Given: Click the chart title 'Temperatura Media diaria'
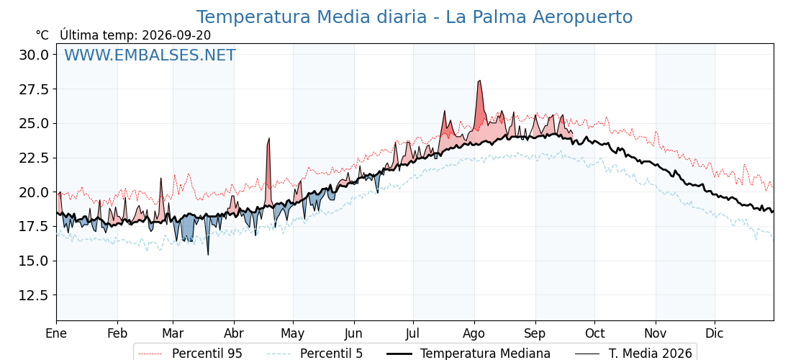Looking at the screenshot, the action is [311, 17].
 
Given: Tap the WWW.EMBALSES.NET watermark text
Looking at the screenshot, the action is [150, 55].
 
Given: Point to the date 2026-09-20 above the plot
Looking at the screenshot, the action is [176, 35].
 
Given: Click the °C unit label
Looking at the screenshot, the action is [42, 35].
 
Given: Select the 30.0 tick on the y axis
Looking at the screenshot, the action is [34, 55].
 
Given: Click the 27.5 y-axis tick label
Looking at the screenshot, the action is [34, 89].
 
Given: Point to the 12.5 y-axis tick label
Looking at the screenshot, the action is [34, 295].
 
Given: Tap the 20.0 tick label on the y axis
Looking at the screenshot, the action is [34, 192].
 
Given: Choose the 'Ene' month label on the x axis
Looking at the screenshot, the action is [56, 333].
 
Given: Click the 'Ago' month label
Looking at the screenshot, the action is [474, 333].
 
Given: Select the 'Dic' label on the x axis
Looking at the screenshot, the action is [714, 333].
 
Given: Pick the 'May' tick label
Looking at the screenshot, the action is [292, 333].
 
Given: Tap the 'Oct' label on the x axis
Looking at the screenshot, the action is [594, 333].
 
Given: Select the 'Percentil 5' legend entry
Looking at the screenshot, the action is [314, 354].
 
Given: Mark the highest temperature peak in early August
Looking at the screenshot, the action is [479, 81].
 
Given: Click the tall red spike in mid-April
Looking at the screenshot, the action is [268, 139].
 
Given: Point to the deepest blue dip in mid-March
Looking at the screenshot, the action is [208, 254].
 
